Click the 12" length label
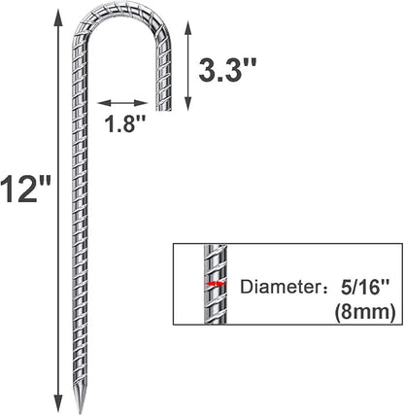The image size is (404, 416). [x=25, y=190]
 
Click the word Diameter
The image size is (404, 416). [x=277, y=287]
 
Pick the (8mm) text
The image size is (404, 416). [x=365, y=313]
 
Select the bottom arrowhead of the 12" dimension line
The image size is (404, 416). [x=58, y=404]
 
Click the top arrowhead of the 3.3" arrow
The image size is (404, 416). [x=188, y=28]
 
